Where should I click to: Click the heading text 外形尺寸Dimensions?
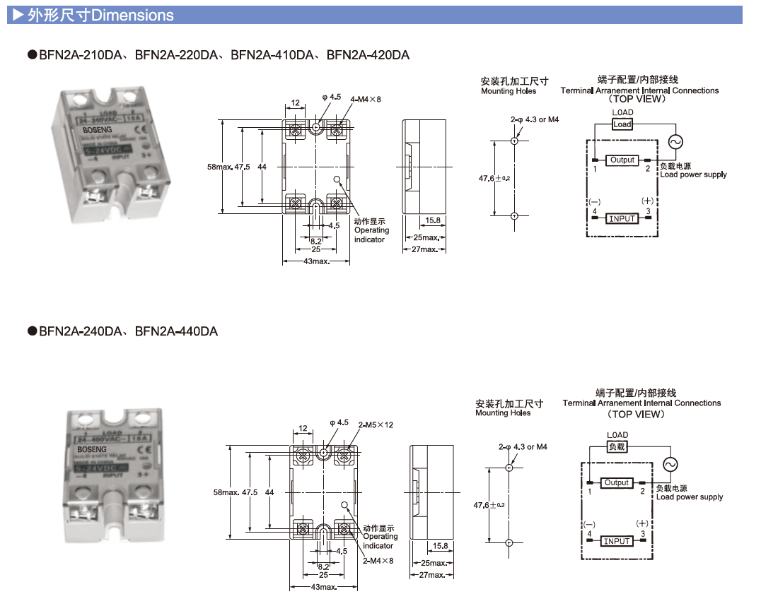(99, 15)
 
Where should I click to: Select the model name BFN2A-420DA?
(368, 55)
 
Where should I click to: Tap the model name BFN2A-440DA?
(176, 331)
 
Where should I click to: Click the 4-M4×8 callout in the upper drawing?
(366, 100)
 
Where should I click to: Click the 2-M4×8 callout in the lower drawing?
(378, 561)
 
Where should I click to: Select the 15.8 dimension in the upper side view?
(434, 220)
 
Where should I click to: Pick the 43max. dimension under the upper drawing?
(315, 261)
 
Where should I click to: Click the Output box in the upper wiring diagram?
(622, 160)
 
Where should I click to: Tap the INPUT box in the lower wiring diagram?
(617, 541)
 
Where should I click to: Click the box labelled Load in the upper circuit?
(622, 124)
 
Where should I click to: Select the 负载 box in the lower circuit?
(617, 446)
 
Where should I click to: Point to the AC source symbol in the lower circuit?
(668, 464)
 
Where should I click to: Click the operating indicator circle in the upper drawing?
(337, 179)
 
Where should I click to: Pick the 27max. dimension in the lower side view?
(431, 575)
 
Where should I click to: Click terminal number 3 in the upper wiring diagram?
(647, 211)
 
